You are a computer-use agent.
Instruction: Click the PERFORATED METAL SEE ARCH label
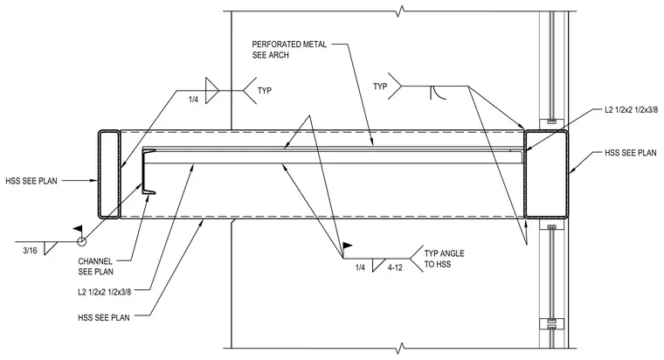coord(289,50)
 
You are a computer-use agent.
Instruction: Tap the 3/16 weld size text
coord(30,251)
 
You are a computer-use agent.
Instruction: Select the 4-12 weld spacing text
coord(395,267)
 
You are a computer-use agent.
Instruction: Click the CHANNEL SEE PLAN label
coord(96,267)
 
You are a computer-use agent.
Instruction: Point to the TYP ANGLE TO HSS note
coord(444,259)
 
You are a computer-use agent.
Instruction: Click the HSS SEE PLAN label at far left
coord(31,181)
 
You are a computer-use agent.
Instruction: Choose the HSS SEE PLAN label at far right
coord(631,153)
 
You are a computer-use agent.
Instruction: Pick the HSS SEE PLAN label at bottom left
coord(104,317)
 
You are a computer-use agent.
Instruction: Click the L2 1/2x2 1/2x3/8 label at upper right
coord(631,110)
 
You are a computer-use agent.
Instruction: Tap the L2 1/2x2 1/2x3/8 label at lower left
coord(105,291)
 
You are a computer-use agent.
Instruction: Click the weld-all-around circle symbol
coord(82,241)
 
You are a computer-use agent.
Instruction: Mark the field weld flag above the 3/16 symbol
coord(78,229)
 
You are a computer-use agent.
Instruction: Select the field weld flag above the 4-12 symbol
coord(347,246)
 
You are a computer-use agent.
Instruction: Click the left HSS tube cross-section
coord(100,174)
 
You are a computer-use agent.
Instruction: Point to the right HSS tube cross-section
coord(526,174)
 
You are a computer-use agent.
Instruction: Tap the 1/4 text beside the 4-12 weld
coord(360,267)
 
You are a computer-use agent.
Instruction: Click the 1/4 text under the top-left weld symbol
coord(194,100)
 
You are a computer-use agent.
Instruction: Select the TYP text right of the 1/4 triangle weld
coord(264,91)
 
